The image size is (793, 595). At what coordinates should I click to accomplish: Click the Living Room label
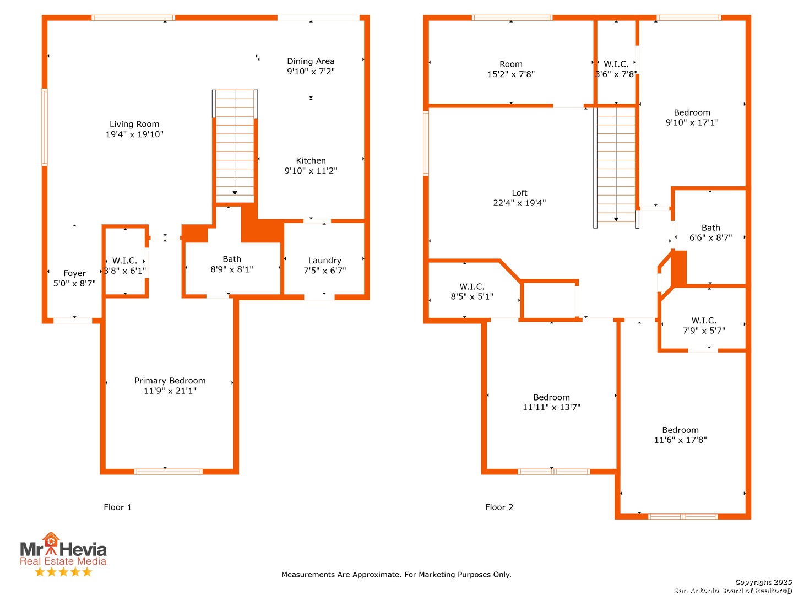pyautogui.click(x=134, y=125)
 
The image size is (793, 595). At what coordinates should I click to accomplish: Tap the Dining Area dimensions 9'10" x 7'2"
pyautogui.click(x=311, y=72)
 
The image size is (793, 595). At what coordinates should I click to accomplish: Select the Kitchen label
pyautogui.click(x=311, y=161)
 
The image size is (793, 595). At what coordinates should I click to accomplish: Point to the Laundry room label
pyautogui.click(x=324, y=261)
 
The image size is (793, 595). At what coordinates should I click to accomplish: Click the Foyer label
pyautogui.click(x=74, y=273)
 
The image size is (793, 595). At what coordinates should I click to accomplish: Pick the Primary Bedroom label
pyautogui.click(x=170, y=381)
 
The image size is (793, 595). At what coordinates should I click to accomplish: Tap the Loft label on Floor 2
pyautogui.click(x=519, y=193)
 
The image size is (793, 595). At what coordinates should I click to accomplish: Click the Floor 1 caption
pyautogui.click(x=117, y=507)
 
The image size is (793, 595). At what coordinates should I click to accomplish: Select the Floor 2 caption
pyautogui.click(x=499, y=507)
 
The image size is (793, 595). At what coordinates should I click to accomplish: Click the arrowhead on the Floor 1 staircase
pyautogui.click(x=235, y=193)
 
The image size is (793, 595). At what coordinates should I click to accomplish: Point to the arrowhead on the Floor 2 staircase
pyautogui.click(x=616, y=219)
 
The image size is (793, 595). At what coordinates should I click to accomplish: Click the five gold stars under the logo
pyautogui.click(x=63, y=572)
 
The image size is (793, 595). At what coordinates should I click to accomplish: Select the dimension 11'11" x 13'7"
pyautogui.click(x=551, y=407)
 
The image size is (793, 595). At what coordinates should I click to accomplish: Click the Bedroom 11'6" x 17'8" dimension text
pyautogui.click(x=680, y=440)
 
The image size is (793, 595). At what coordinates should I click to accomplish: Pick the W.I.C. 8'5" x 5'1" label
pyautogui.click(x=472, y=291)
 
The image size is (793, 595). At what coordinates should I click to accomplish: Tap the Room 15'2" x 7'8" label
pyautogui.click(x=511, y=69)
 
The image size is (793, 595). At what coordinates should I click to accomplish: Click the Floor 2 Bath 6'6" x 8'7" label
pyautogui.click(x=710, y=232)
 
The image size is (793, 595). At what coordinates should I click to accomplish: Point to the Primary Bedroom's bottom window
pyautogui.click(x=168, y=472)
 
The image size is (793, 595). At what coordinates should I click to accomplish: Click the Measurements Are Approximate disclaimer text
pyautogui.click(x=396, y=575)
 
